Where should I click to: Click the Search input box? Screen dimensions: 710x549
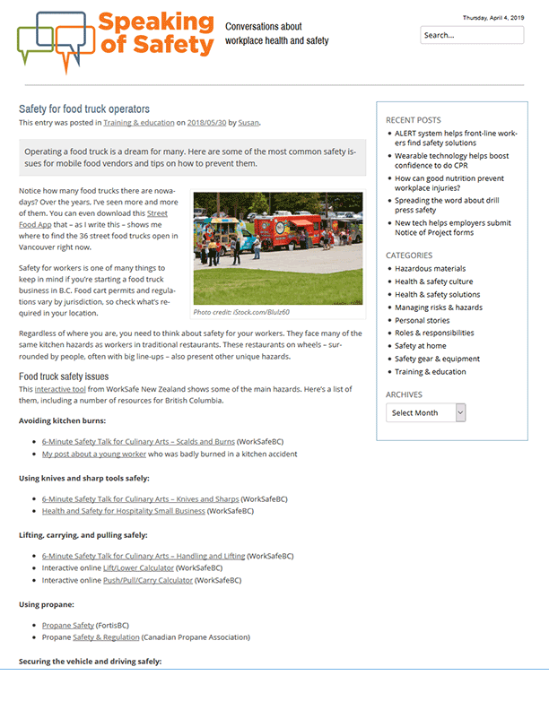472,36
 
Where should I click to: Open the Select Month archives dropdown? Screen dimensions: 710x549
426,412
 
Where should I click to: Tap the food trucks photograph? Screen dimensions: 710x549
278,247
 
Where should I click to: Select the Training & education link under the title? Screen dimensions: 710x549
138,123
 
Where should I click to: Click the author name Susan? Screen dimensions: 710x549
248,123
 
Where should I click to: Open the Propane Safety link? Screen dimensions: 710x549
68,625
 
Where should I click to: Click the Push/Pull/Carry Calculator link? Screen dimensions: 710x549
147,580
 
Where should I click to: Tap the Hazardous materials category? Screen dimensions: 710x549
430,268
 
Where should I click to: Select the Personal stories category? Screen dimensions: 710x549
422,320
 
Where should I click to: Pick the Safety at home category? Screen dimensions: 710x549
420,346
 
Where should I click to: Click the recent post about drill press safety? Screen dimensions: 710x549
449,205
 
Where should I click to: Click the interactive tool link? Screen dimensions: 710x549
61,389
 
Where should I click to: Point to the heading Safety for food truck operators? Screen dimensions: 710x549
84,108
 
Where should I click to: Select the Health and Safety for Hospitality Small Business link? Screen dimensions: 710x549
123,511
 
